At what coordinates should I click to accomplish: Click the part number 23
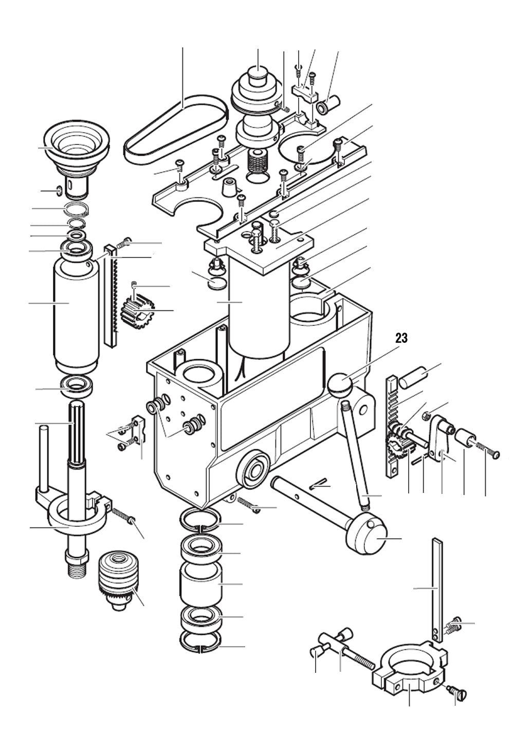click(x=401, y=338)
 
